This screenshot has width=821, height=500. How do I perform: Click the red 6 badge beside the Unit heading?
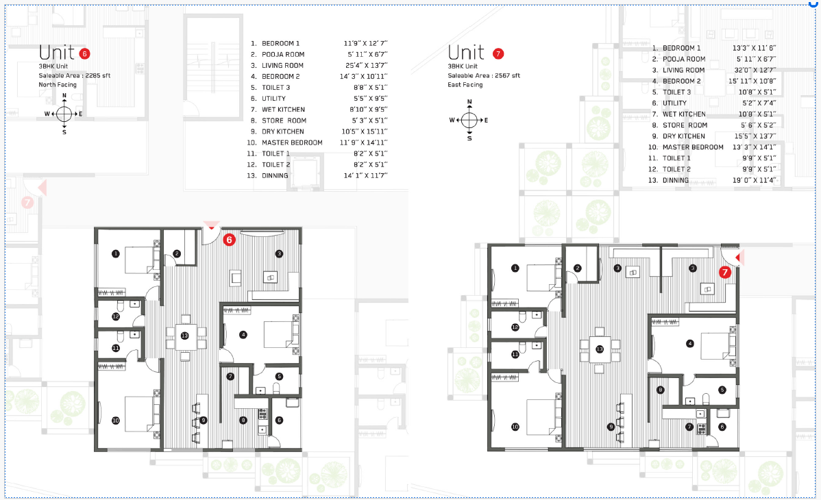85,53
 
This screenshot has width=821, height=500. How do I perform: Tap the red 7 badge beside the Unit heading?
498,53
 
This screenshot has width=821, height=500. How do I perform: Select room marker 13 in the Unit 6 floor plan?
184,336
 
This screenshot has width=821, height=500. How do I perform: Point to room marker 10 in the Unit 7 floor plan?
515,427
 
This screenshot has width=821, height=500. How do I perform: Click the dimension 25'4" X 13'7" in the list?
366,65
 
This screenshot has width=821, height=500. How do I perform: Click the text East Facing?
465,85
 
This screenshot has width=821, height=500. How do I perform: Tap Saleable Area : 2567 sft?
484,75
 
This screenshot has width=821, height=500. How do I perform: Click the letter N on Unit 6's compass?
64,96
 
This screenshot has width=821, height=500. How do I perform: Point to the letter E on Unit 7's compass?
486,120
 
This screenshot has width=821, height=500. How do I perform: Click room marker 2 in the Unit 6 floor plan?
177,254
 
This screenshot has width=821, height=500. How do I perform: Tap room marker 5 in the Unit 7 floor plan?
722,390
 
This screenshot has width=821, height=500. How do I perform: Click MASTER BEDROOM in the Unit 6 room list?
292,142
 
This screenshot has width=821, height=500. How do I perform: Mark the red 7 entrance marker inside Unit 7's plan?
724,272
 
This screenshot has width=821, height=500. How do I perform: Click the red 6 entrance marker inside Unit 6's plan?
230,240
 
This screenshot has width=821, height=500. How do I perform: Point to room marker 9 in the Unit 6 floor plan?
204,420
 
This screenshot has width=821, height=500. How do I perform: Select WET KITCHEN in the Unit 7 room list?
684,114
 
